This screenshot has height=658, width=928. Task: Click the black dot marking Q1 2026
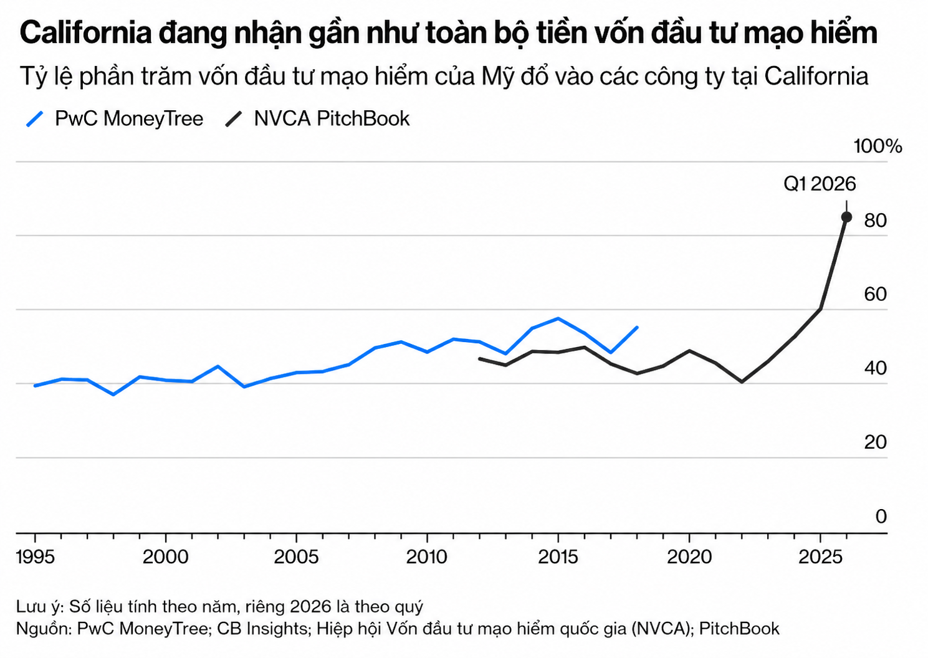[x=846, y=217]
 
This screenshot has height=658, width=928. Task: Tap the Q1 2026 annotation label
[x=820, y=184]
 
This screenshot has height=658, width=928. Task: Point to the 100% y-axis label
[x=878, y=146]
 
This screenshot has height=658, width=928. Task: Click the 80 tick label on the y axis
[x=875, y=220]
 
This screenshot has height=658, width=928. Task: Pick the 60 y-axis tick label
[x=875, y=294]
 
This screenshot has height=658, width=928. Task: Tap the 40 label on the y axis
[x=875, y=368]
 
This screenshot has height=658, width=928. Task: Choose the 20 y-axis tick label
[x=875, y=442]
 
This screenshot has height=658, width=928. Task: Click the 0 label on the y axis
[x=881, y=517]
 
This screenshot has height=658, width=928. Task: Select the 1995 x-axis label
[x=35, y=556]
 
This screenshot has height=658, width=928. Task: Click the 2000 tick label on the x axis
[x=166, y=556]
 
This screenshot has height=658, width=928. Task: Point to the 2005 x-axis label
[x=297, y=556]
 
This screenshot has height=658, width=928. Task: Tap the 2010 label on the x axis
[x=427, y=556]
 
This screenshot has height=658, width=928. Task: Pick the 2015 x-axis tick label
[x=558, y=556]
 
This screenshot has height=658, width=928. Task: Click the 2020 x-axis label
[x=689, y=556]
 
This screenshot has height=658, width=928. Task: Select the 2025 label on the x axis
[x=821, y=556]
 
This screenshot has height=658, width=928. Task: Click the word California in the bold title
[x=86, y=33]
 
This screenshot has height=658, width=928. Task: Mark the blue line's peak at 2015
[x=558, y=318]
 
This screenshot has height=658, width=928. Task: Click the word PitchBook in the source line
[x=739, y=628]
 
